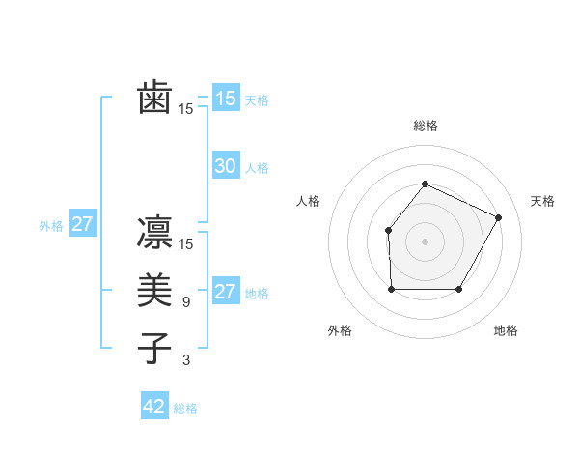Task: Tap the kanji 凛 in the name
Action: tap(155, 234)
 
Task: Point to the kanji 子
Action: tap(155, 348)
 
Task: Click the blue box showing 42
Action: tap(154, 407)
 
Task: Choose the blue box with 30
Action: tap(225, 166)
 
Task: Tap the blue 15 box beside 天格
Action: tap(225, 99)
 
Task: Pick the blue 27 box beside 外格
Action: tap(83, 225)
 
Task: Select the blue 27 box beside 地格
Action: tap(225, 292)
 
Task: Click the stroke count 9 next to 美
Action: tap(185, 302)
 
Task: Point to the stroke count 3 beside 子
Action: tap(185, 360)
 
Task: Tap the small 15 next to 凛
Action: tap(186, 244)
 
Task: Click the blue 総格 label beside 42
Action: tap(185, 409)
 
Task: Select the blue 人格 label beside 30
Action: tap(257, 168)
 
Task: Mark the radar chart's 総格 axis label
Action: tap(425, 126)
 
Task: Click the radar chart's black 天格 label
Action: tap(542, 201)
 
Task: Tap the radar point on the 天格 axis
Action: tap(499, 217)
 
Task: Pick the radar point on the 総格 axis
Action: tap(425, 184)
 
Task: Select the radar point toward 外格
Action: tap(391, 289)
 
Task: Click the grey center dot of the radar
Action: tap(425, 241)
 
